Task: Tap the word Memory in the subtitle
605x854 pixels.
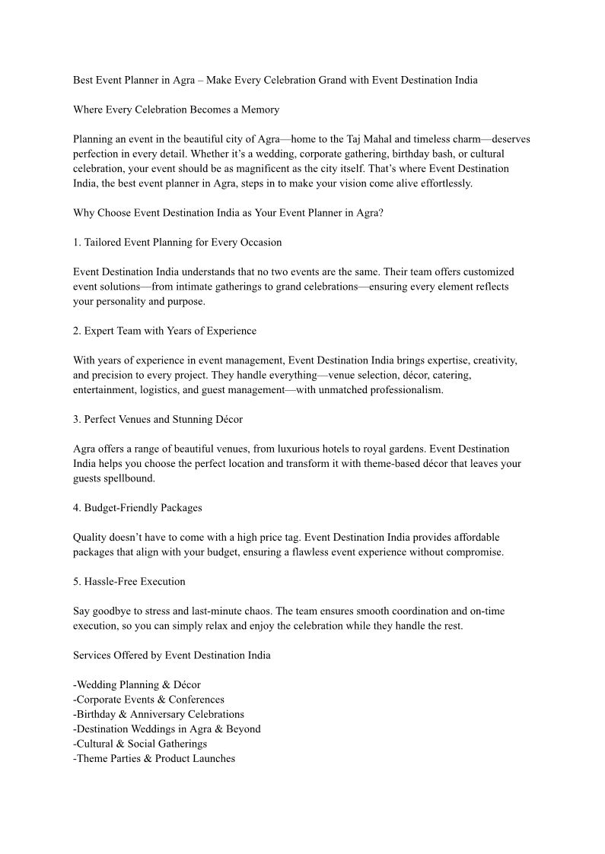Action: [x=260, y=110]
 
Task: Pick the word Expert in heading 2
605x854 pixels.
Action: [x=100, y=331]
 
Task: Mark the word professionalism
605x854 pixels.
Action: [x=395, y=389]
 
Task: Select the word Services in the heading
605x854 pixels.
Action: [x=92, y=655]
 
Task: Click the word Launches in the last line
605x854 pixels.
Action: [x=213, y=758]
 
